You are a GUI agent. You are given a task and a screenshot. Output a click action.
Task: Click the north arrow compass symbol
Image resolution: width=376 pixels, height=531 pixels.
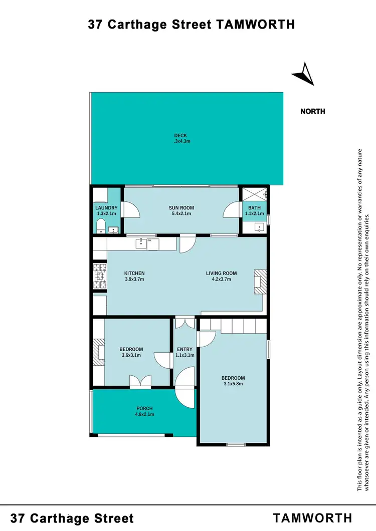pos(303,74)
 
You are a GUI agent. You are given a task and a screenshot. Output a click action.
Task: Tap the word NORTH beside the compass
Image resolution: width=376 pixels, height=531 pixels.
pos(312,111)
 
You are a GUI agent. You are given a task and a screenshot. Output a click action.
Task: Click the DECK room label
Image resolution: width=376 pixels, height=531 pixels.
pos(180,136)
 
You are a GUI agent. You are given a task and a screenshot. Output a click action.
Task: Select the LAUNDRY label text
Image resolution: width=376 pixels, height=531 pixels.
pos(106,208)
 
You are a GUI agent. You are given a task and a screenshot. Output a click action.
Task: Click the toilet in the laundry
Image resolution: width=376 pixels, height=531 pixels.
pos(100,225)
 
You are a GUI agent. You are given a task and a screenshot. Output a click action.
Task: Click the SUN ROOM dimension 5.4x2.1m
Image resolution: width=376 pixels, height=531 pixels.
pos(181,214)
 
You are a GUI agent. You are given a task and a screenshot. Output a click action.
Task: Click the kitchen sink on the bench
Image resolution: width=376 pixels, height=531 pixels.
pos(141,244)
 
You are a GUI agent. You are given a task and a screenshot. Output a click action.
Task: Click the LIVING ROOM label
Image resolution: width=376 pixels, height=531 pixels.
pos(221,274)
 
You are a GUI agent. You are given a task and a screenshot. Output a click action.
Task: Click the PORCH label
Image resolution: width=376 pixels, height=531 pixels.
pos(144,408)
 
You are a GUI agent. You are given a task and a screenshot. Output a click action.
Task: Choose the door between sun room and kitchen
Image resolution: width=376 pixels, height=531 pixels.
pos(186,244)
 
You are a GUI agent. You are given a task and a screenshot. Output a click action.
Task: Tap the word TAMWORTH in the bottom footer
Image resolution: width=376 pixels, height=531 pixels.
pos(312,518)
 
